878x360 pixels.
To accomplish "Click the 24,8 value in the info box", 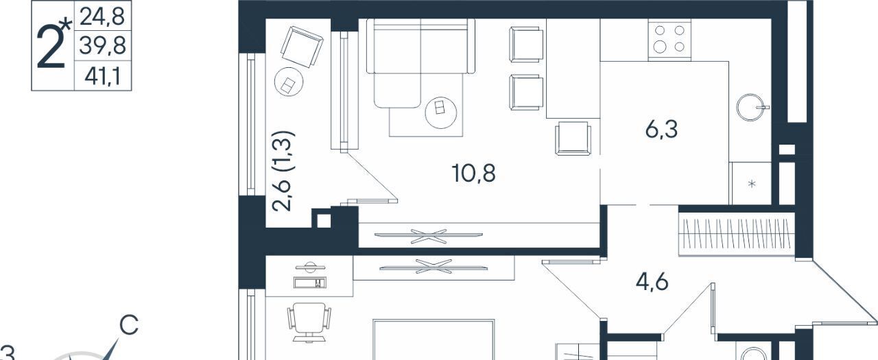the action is (x=102, y=17).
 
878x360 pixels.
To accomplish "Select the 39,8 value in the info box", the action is (x=102, y=45).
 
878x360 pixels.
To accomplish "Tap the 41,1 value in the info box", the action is (x=102, y=76).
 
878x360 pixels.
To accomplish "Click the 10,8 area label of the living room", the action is (x=473, y=173).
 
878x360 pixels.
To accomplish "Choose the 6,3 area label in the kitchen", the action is (x=662, y=130).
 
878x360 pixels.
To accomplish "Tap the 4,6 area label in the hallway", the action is (x=652, y=282).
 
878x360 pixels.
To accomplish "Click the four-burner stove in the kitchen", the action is (x=669, y=40).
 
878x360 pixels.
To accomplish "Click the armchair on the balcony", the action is (x=302, y=47).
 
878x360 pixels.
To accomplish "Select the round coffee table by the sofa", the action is (x=440, y=112).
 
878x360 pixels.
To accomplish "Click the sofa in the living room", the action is (x=420, y=62).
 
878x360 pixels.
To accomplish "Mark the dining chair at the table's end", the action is (x=573, y=138).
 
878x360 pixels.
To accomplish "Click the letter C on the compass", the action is (x=129, y=325).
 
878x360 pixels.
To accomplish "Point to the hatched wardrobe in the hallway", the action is (x=737, y=234).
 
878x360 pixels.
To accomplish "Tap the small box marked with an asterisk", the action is (x=751, y=183).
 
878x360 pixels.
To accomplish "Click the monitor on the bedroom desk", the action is (x=310, y=267).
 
